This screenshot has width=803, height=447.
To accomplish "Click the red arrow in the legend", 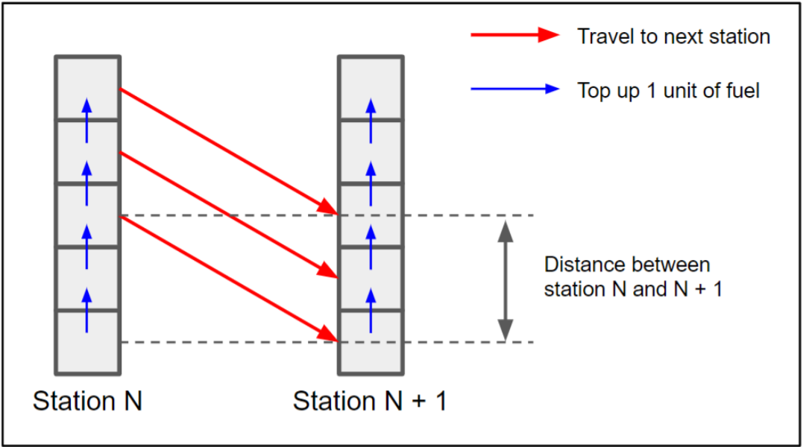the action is (x=514, y=35).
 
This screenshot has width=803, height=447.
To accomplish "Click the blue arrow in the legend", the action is (x=514, y=89).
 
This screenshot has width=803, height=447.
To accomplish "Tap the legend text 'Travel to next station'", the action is (x=673, y=37).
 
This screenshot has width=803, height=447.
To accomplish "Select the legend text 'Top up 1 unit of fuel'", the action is (x=668, y=91).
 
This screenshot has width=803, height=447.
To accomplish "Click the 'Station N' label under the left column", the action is (x=87, y=401).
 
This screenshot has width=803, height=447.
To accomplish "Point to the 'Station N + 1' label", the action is (x=370, y=401).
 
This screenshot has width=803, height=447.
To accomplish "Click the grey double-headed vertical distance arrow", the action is (x=506, y=281).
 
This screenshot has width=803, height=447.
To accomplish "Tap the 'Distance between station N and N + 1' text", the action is (x=633, y=276).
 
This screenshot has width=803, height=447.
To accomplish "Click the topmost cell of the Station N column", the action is (x=87, y=88).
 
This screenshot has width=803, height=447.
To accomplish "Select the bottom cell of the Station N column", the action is (x=87, y=342).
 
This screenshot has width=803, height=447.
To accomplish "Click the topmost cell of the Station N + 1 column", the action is (x=371, y=88).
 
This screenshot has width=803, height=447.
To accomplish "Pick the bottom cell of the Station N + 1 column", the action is (x=371, y=342).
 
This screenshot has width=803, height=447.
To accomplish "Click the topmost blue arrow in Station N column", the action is (x=87, y=120).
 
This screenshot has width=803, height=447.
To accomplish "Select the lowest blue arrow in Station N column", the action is (x=87, y=310).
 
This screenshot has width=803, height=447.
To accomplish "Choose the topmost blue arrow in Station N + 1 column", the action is (x=371, y=120).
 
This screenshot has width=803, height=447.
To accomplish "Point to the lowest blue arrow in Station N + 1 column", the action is (x=371, y=310).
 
